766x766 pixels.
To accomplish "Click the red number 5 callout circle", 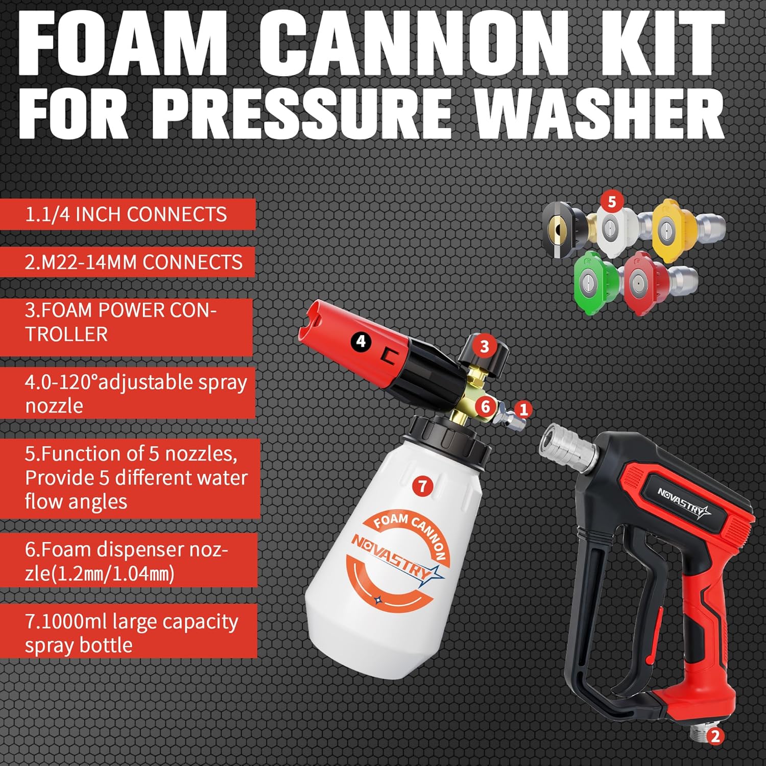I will pos(612,202).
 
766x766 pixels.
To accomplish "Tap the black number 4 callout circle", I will pos(362,341).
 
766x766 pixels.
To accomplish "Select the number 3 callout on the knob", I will pos(484,346).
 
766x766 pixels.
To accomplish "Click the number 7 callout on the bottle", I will pos(422,486).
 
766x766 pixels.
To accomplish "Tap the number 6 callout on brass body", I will pos(486,407).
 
